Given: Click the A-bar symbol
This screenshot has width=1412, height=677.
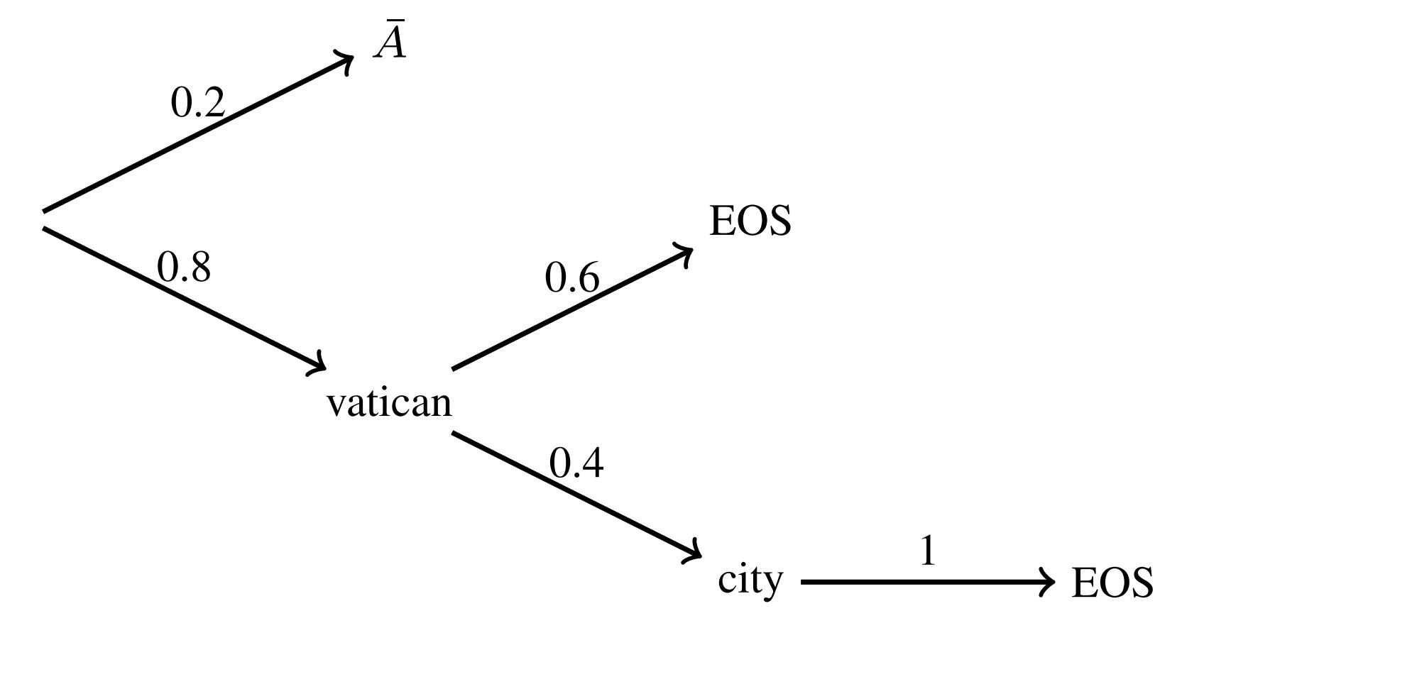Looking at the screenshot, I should pos(390,44).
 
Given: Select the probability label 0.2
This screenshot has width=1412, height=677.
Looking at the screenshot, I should pos(197,103).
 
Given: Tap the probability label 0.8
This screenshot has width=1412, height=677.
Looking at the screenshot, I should pos(183,268).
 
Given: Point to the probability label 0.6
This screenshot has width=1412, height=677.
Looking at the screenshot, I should pos(571,277).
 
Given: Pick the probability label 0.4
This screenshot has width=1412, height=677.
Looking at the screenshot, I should pos(576,463).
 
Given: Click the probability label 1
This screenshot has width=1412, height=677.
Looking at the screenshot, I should pos(927,551).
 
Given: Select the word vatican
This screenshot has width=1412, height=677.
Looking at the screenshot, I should pos(388,403).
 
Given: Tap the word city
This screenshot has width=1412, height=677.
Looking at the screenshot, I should pos(750,580).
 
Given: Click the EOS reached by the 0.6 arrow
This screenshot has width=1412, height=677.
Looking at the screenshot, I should pos(750,221).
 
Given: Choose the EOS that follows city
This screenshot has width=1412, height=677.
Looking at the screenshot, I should pos(1112,583).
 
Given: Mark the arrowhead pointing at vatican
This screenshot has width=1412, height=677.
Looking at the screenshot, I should pos(319,365).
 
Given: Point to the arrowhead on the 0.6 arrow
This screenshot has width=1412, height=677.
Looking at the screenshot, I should pos(686,253).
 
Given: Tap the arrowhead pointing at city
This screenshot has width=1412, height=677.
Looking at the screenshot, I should pos(694,553).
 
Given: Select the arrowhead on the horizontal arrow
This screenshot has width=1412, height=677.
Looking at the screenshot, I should pos(1048,582).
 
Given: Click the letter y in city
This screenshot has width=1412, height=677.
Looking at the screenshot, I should pos(772,585).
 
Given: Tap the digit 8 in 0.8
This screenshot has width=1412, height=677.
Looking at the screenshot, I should pos(200,268).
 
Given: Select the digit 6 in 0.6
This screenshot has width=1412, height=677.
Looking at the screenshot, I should pos(589,277).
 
